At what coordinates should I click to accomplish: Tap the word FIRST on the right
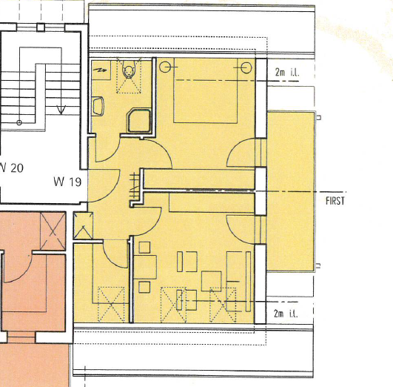click(335, 200)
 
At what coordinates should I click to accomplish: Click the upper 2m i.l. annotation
click(286, 72)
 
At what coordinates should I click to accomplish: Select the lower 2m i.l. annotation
click(286, 314)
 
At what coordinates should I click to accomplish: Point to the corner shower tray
click(139, 121)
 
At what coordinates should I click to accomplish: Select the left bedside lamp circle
click(164, 66)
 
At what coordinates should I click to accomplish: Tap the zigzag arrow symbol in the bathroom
click(101, 68)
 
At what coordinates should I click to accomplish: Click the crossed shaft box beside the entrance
click(84, 225)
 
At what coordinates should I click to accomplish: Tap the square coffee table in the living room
click(212, 280)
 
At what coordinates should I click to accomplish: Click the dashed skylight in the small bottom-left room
click(108, 304)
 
